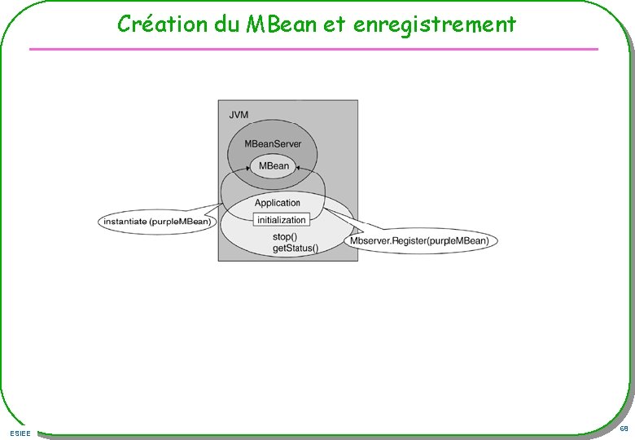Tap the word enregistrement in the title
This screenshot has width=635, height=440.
[435, 24]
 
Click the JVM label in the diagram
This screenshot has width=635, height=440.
[239, 115]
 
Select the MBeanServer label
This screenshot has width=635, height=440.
[273, 144]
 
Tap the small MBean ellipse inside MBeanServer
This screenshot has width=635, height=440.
[273, 166]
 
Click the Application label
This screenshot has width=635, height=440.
[278, 203]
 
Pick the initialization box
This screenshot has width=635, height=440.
[281, 219]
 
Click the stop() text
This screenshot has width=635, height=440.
[284, 237]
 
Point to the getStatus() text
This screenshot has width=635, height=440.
[295, 248]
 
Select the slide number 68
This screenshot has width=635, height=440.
[624, 429]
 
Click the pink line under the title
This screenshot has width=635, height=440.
[313, 50]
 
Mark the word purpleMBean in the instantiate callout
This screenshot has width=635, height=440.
[181, 221]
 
